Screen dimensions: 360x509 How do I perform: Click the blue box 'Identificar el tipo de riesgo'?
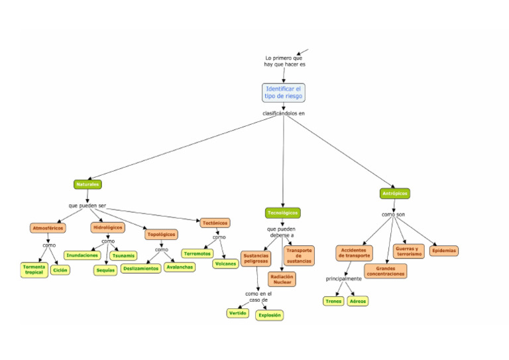pos(283,92)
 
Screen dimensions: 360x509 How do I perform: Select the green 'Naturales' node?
pos(87,184)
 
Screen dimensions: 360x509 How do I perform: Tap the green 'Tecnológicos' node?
pos(283,213)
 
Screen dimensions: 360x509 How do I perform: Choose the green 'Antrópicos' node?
pos(395,194)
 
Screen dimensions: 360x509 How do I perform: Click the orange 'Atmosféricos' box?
pos(48,228)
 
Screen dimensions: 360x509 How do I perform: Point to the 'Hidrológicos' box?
pos(107,227)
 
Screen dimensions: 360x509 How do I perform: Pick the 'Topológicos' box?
pos(162,234)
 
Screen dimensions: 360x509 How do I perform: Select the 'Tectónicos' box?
pos(215,223)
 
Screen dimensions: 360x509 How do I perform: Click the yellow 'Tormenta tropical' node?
pos(34,270)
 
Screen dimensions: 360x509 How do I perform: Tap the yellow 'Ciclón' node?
pos(60,270)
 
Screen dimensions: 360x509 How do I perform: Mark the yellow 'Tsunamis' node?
pos(123,255)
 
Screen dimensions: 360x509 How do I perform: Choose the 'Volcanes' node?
pos(225,263)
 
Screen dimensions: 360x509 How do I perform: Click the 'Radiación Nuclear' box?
pos(282,279)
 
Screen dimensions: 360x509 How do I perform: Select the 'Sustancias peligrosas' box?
pos(256,258)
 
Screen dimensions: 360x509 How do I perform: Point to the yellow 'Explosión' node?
pos(270,315)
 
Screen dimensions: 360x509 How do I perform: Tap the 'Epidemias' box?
pos(444,251)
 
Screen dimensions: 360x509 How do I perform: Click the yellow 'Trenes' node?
pos(333,301)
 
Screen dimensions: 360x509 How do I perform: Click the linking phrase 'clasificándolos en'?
pos(284,113)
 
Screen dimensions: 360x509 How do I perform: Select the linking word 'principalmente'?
pos(343,278)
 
